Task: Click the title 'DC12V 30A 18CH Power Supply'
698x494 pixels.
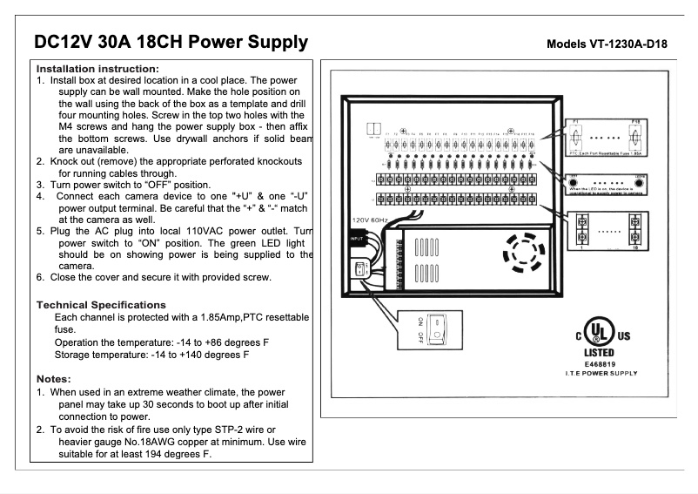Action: tap(171, 42)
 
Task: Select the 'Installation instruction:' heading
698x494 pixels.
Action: tap(97, 69)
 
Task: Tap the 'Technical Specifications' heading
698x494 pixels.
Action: tap(101, 305)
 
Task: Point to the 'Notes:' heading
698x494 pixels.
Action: tap(54, 379)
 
